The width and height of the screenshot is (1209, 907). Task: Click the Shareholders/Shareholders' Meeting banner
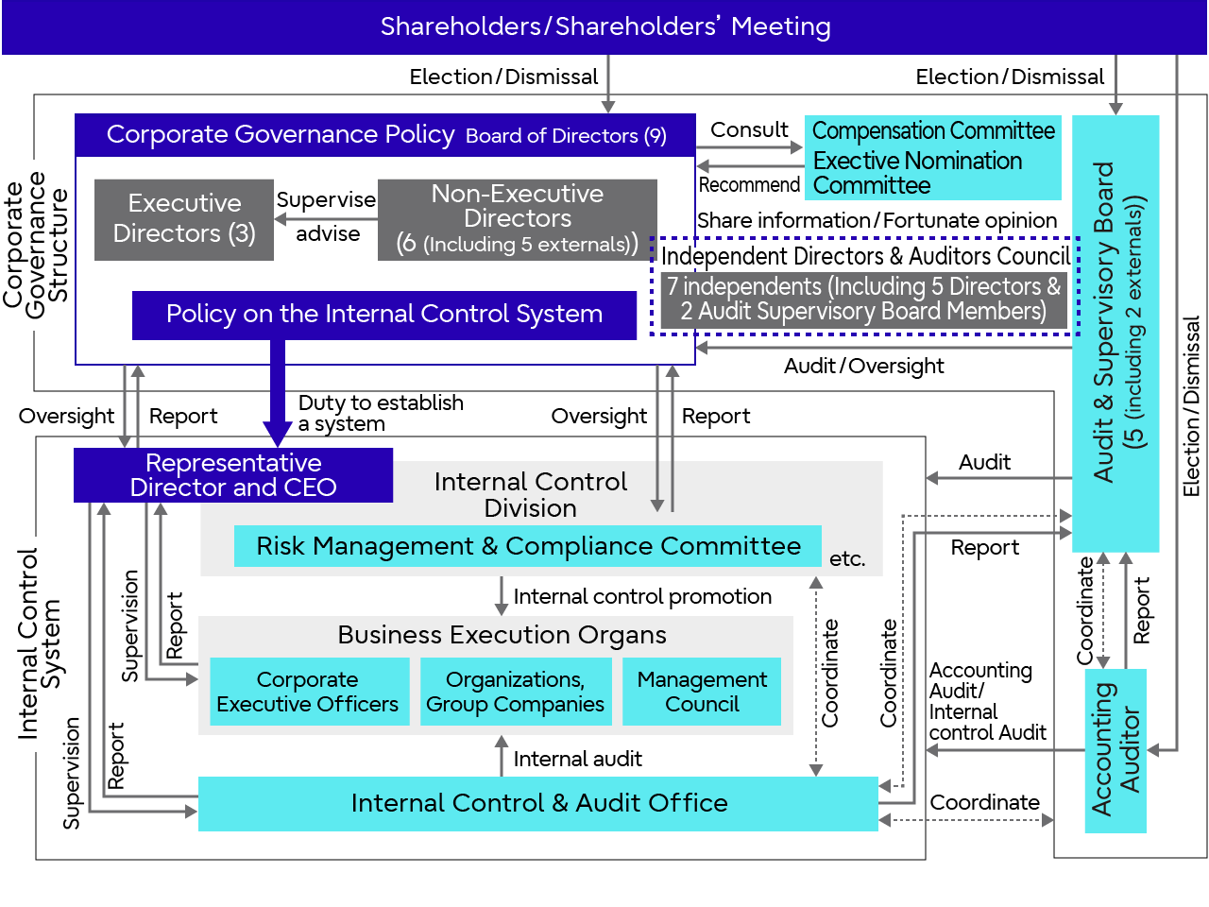click(604, 26)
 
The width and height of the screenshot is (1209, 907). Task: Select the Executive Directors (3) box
click(184, 219)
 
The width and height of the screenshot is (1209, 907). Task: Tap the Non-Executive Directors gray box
click(517, 219)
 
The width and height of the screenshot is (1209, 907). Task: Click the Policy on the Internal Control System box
click(384, 315)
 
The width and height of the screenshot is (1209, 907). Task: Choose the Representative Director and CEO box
click(233, 475)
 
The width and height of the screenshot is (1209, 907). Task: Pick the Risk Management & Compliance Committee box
click(528, 546)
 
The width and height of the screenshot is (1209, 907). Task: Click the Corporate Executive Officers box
click(308, 692)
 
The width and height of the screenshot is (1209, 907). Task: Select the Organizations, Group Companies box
click(515, 692)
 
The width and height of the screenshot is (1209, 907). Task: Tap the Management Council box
click(702, 692)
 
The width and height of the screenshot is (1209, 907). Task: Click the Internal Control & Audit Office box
click(538, 803)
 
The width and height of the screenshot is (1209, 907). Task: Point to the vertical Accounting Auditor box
click(1115, 750)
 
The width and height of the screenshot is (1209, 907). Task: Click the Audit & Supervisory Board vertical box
click(1116, 331)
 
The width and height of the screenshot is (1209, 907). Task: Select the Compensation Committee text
click(933, 131)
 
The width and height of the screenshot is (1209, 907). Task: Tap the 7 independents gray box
click(863, 299)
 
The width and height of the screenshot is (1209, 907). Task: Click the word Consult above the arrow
click(749, 130)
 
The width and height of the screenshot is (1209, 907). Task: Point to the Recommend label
click(749, 185)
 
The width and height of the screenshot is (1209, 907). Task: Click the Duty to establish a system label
click(380, 413)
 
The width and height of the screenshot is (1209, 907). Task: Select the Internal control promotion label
click(642, 597)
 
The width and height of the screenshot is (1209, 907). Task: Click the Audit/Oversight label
click(863, 367)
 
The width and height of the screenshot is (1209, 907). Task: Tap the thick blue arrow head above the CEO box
click(278, 434)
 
